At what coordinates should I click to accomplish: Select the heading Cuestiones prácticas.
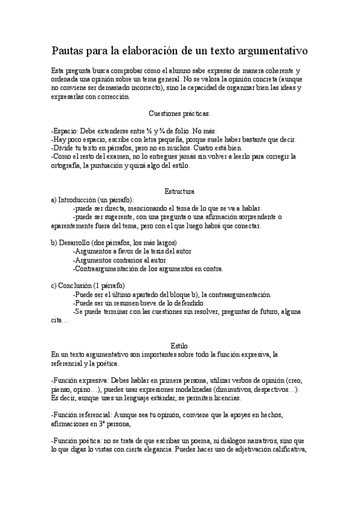click(179, 113)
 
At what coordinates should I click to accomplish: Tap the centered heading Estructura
click(179, 191)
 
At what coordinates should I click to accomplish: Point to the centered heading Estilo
click(179, 346)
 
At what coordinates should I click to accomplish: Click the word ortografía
click(68, 165)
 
